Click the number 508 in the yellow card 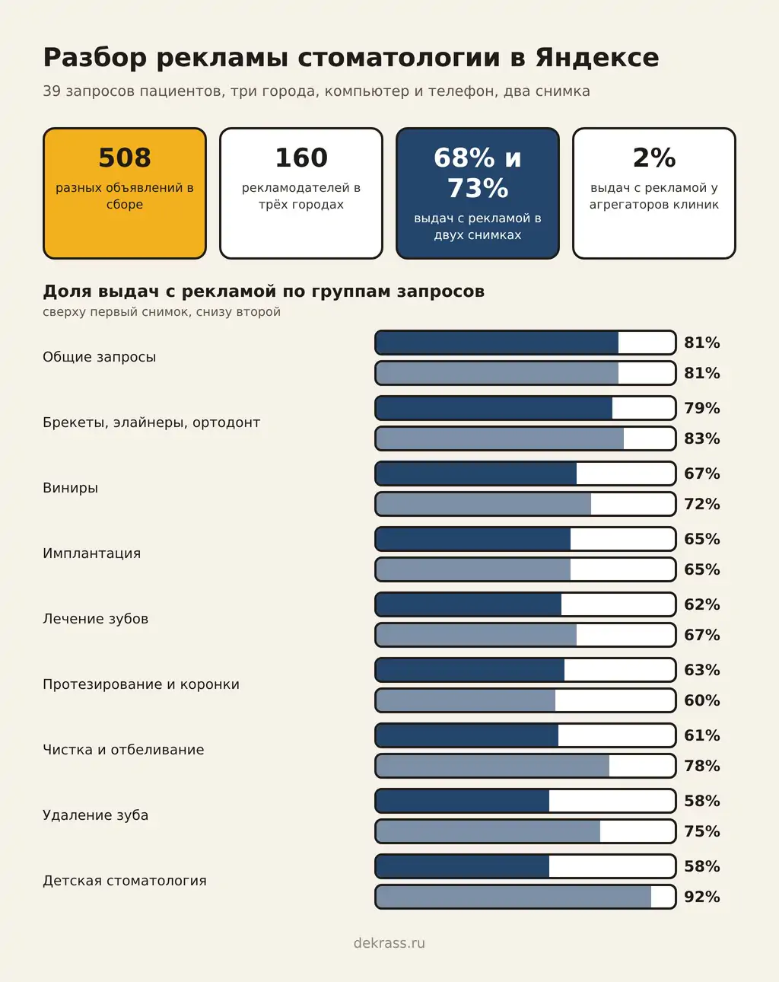[x=125, y=158]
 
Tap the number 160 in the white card [x=301, y=158]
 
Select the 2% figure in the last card [x=654, y=158]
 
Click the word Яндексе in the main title [x=597, y=58]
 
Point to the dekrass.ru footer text [x=389, y=942]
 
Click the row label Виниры [x=70, y=488]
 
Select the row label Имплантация [x=92, y=553]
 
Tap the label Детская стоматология [x=125, y=880]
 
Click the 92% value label [x=702, y=897]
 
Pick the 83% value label [x=702, y=438]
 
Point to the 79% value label [x=702, y=408]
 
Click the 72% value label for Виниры [x=702, y=504]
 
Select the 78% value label [x=702, y=766]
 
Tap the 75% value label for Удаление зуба [x=702, y=831]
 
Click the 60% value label [x=702, y=700]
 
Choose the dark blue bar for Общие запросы [x=497, y=343]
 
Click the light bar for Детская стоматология [x=513, y=897]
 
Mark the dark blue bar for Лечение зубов [x=469, y=604]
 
